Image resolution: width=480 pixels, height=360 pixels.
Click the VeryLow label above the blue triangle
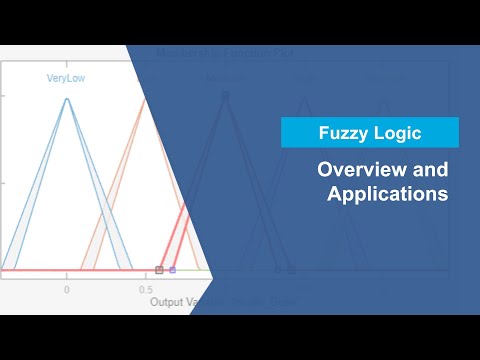[x=67, y=78]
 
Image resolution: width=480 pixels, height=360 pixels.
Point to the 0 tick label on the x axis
[x=67, y=289]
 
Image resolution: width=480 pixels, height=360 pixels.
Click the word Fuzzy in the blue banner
[x=343, y=133]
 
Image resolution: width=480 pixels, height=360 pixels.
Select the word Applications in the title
[x=388, y=194]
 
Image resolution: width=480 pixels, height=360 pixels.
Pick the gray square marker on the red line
[x=160, y=270]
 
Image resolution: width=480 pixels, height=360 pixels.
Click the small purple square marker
[x=172, y=270]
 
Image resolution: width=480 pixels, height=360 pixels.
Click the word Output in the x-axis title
[x=168, y=301]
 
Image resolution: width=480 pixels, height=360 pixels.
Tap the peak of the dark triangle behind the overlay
[x=226, y=96]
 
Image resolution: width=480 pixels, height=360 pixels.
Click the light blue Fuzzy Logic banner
[x=370, y=133]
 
